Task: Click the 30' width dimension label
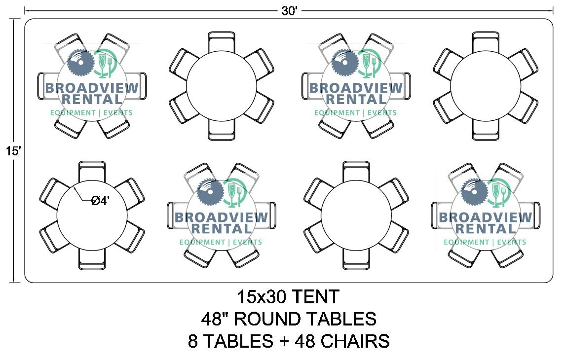(289, 11)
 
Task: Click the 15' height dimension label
(13, 150)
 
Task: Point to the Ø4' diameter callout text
(100, 200)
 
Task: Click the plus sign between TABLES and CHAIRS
(284, 341)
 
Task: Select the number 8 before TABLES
(193, 341)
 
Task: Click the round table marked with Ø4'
(92, 216)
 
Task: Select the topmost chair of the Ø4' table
(92, 171)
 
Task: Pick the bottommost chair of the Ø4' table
(92, 259)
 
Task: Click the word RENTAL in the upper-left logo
(92, 99)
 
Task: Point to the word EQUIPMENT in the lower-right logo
(467, 242)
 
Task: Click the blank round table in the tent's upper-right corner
(486, 86)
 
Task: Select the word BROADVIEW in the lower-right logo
(486, 217)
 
